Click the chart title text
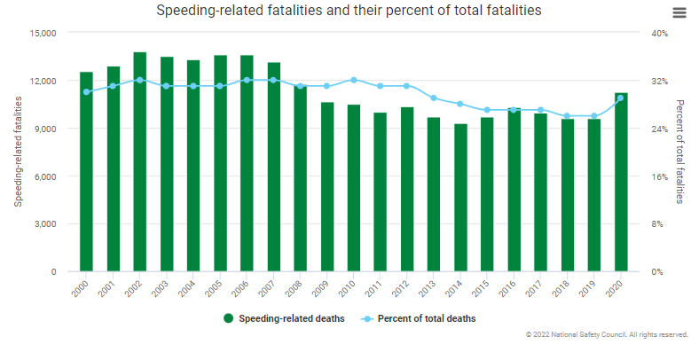349,11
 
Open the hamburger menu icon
679,11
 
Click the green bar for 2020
621,182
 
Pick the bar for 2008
300,177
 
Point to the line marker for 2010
354,80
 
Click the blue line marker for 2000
86,91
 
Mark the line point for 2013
434,98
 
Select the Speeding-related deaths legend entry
283,317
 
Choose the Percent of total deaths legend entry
419,317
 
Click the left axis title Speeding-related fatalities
18,153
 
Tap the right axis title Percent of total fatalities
680,153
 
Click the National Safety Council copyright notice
607,335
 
